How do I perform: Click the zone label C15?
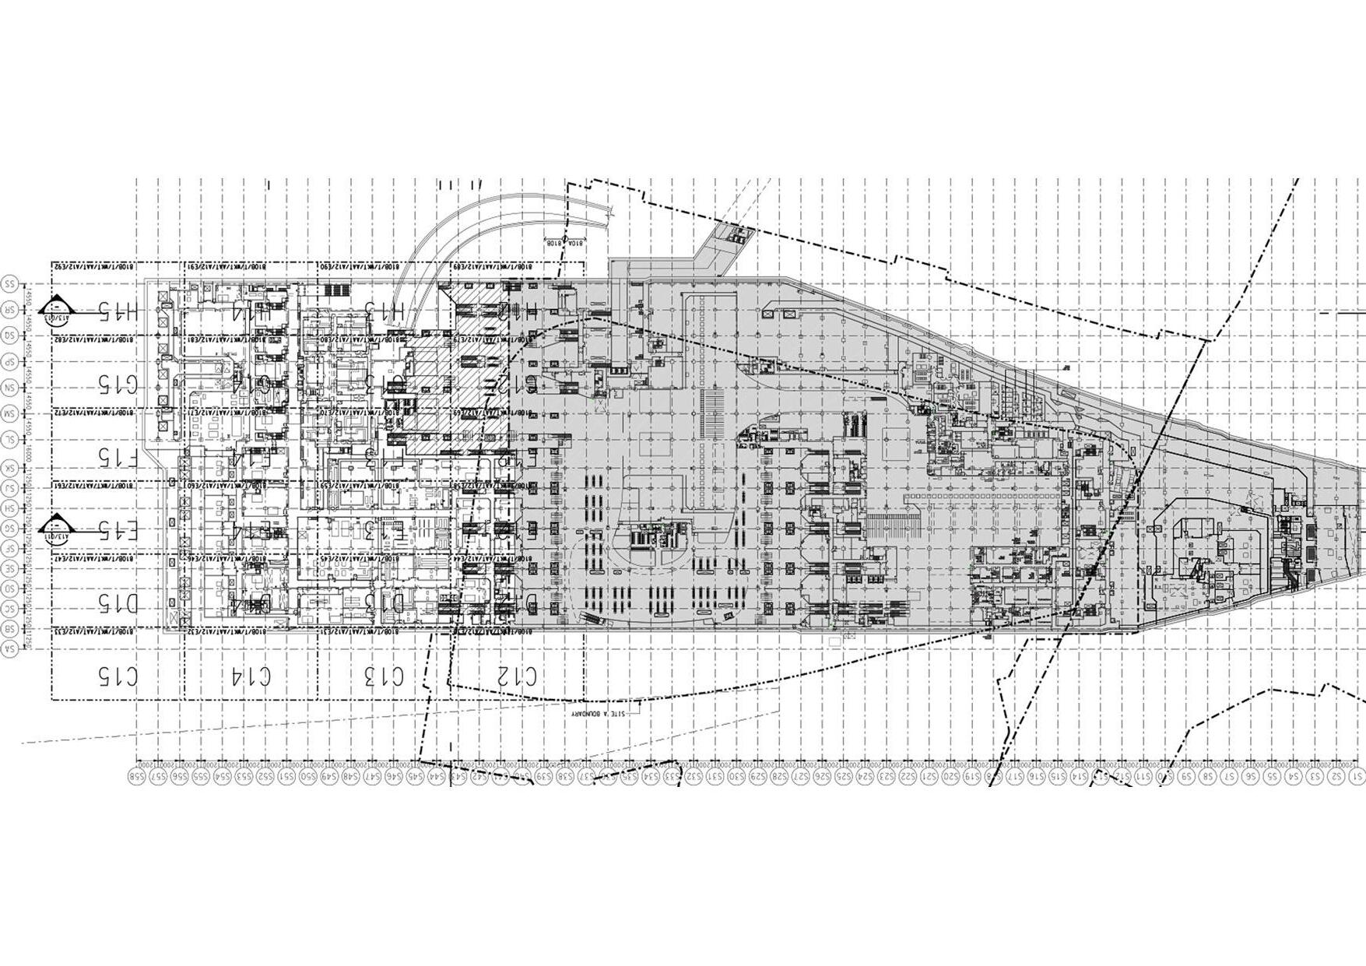point(118,676)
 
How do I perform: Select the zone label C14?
point(251,676)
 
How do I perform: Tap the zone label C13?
point(385,676)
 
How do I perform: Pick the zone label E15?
point(118,531)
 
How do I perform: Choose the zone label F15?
point(118,456)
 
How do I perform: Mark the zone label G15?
point(118,383)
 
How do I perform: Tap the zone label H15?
point(118,312)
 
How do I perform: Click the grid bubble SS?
point(10,284)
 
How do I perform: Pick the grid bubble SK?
point(10,468)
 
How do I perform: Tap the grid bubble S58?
point(138,776)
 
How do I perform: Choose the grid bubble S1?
point(1357,776)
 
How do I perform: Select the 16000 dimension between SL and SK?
point(28,453)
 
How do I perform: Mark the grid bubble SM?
point(10,412)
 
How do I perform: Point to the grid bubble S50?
point(308,776)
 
